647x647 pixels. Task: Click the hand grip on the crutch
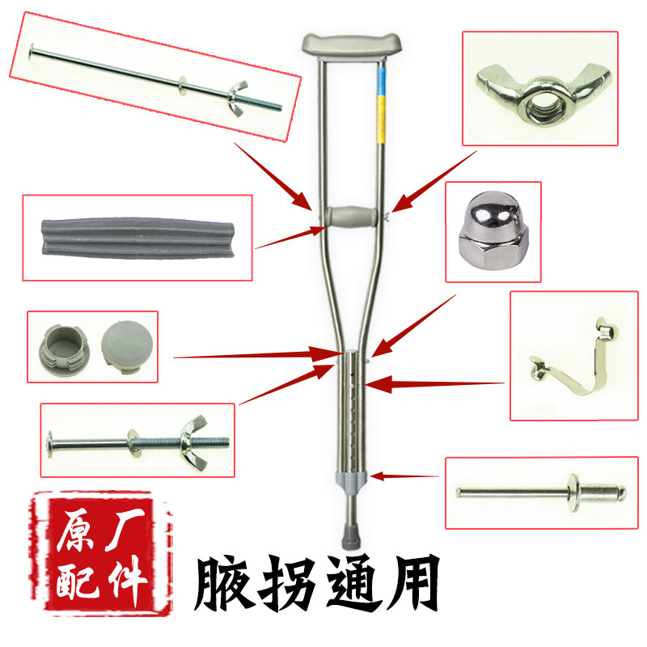click(349, 216)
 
